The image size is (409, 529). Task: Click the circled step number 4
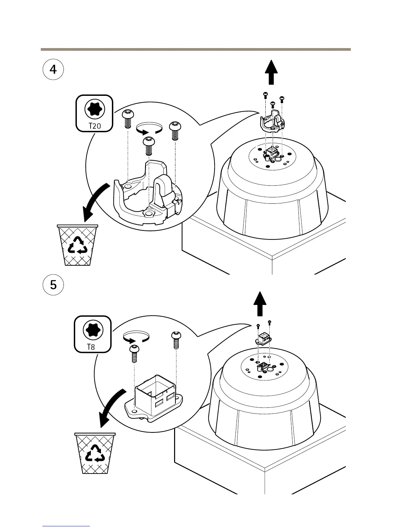coord(53,69)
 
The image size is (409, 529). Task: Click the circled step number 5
coord(53,285)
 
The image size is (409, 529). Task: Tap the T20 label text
coord(94,126)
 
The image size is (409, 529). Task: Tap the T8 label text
coord(91,347)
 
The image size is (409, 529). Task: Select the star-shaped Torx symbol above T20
coord(95,109)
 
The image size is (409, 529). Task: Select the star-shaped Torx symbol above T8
coord(93,330)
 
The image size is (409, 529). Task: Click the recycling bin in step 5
coord(95,453)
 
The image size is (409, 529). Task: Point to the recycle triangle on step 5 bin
coord(96,453)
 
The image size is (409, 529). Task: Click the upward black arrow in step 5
coord(260,303)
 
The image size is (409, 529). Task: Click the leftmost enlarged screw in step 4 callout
coord(127,119)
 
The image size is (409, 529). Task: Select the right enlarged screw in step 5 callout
coord(176,340)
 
